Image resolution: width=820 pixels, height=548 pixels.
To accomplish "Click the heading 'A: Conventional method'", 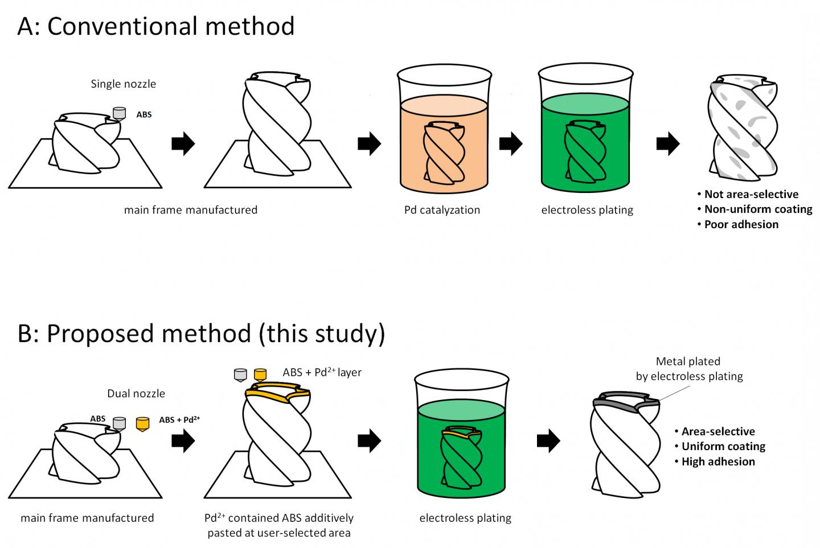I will point(156,26).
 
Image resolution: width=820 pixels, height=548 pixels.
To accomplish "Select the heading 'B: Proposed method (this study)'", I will point(201,333).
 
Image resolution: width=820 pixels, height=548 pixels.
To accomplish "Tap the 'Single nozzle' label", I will point(123,84).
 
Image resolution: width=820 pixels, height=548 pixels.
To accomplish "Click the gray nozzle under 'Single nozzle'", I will point(119,113).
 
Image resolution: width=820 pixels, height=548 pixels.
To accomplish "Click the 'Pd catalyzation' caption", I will point(442,210).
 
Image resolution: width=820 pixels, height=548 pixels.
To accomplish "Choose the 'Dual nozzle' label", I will point(136,393).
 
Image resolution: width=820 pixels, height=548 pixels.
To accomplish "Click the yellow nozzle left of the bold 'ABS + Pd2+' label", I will point(142,423).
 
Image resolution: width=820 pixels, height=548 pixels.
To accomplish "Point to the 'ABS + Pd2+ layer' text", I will point(322,373).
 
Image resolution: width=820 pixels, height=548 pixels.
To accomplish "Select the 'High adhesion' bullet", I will point(718,462).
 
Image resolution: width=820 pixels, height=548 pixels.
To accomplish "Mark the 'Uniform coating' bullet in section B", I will point(723,447).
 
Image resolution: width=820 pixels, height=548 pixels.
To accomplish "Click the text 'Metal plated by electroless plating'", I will point(689,369).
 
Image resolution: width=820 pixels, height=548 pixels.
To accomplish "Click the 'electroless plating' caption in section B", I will point(465,518).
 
